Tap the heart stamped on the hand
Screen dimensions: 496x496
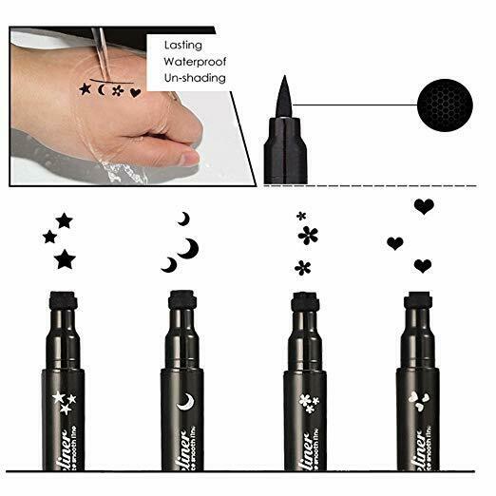[135, 93]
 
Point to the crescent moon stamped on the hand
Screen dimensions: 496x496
[102, 90]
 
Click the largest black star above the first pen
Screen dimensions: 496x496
[65, 258]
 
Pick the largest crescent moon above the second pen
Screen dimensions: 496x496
[190, 248]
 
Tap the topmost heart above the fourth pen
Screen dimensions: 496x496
[424, 206]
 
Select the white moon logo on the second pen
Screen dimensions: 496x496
[184, 402]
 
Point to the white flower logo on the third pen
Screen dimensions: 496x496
[305, 403]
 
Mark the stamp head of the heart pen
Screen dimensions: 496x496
[415, 300]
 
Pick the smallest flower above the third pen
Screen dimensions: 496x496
[301, 216]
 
